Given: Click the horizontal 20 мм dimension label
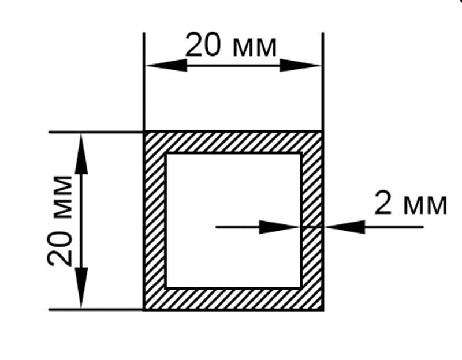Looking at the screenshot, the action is [231, 45].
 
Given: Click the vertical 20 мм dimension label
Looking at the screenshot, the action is [59, 221].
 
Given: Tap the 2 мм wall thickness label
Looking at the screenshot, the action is [411, 202].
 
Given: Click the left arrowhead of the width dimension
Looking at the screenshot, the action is [166, 65].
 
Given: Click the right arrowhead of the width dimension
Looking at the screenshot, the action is [300, 65].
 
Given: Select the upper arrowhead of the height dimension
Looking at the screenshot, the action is [81, 153].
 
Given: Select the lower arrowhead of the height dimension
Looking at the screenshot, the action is [81, 288].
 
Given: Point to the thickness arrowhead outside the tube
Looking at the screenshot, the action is [344, 227].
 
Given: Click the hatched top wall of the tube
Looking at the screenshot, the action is [233, 142].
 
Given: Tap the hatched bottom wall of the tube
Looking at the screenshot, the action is [233, 298].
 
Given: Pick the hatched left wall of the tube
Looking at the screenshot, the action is [154, 220].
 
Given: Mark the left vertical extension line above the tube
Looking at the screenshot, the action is [144, 82].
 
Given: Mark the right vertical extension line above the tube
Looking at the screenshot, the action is [323, 82].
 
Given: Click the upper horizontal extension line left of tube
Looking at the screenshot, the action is [96, 132].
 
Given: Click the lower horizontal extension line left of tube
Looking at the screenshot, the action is [96, 310].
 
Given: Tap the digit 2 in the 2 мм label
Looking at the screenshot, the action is [383, 202].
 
